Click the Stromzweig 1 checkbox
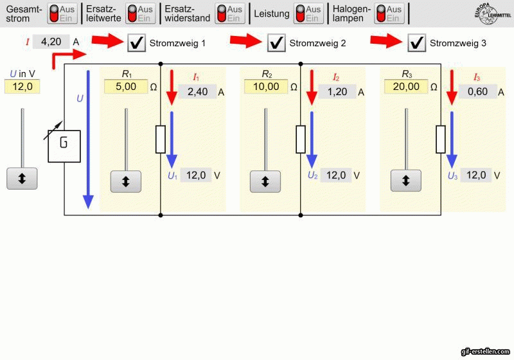click(x=136, y=42)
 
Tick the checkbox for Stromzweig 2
click(x=276, y=42)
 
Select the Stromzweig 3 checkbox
click(x=416, y=42)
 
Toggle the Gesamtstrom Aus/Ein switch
click(x=62, y=14)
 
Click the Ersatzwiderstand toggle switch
click(x=230, y=14)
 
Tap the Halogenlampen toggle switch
click(x=389, y=14)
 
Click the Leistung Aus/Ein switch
click(x=309, y=14)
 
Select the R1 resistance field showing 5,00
click(x=126, y=87)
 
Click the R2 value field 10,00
click(x=266, y=87)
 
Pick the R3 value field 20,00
click(x=406, y=87)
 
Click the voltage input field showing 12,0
click(x=22, y=87)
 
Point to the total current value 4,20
click(x=51, y=42)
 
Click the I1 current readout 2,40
click(x=197, y=92)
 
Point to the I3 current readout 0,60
click(x=477, y=92)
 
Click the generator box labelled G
click(x=64, y=146)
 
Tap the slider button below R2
click(x=265, y=181)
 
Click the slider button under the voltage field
click(x=22, y=178)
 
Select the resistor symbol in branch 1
click(x=160, y=139)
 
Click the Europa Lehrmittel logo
click(x=492, y=14)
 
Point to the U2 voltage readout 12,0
click(x=336, y=175)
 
